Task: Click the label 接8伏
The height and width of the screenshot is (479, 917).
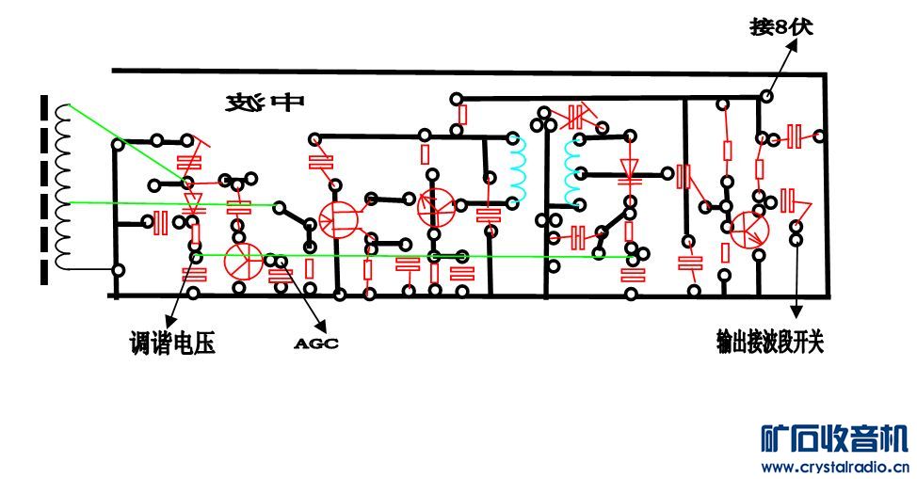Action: click(x=780, y=27)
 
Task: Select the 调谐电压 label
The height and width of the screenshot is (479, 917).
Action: click(x=172, y=344)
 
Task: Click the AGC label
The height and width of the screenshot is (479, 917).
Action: click(x=316, y=344)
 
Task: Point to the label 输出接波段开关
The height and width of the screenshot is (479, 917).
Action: click(x=769, y=343)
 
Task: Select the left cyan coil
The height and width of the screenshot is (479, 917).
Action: click(x=519, y=171)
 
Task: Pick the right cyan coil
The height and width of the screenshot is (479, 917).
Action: click(x=571, y=171)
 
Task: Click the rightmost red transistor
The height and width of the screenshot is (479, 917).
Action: click(x=749, y=229)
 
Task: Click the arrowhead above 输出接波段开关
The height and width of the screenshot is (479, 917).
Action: click(x=796, y=311)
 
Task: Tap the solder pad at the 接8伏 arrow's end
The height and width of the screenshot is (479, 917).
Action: click(x=767, y=97)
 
